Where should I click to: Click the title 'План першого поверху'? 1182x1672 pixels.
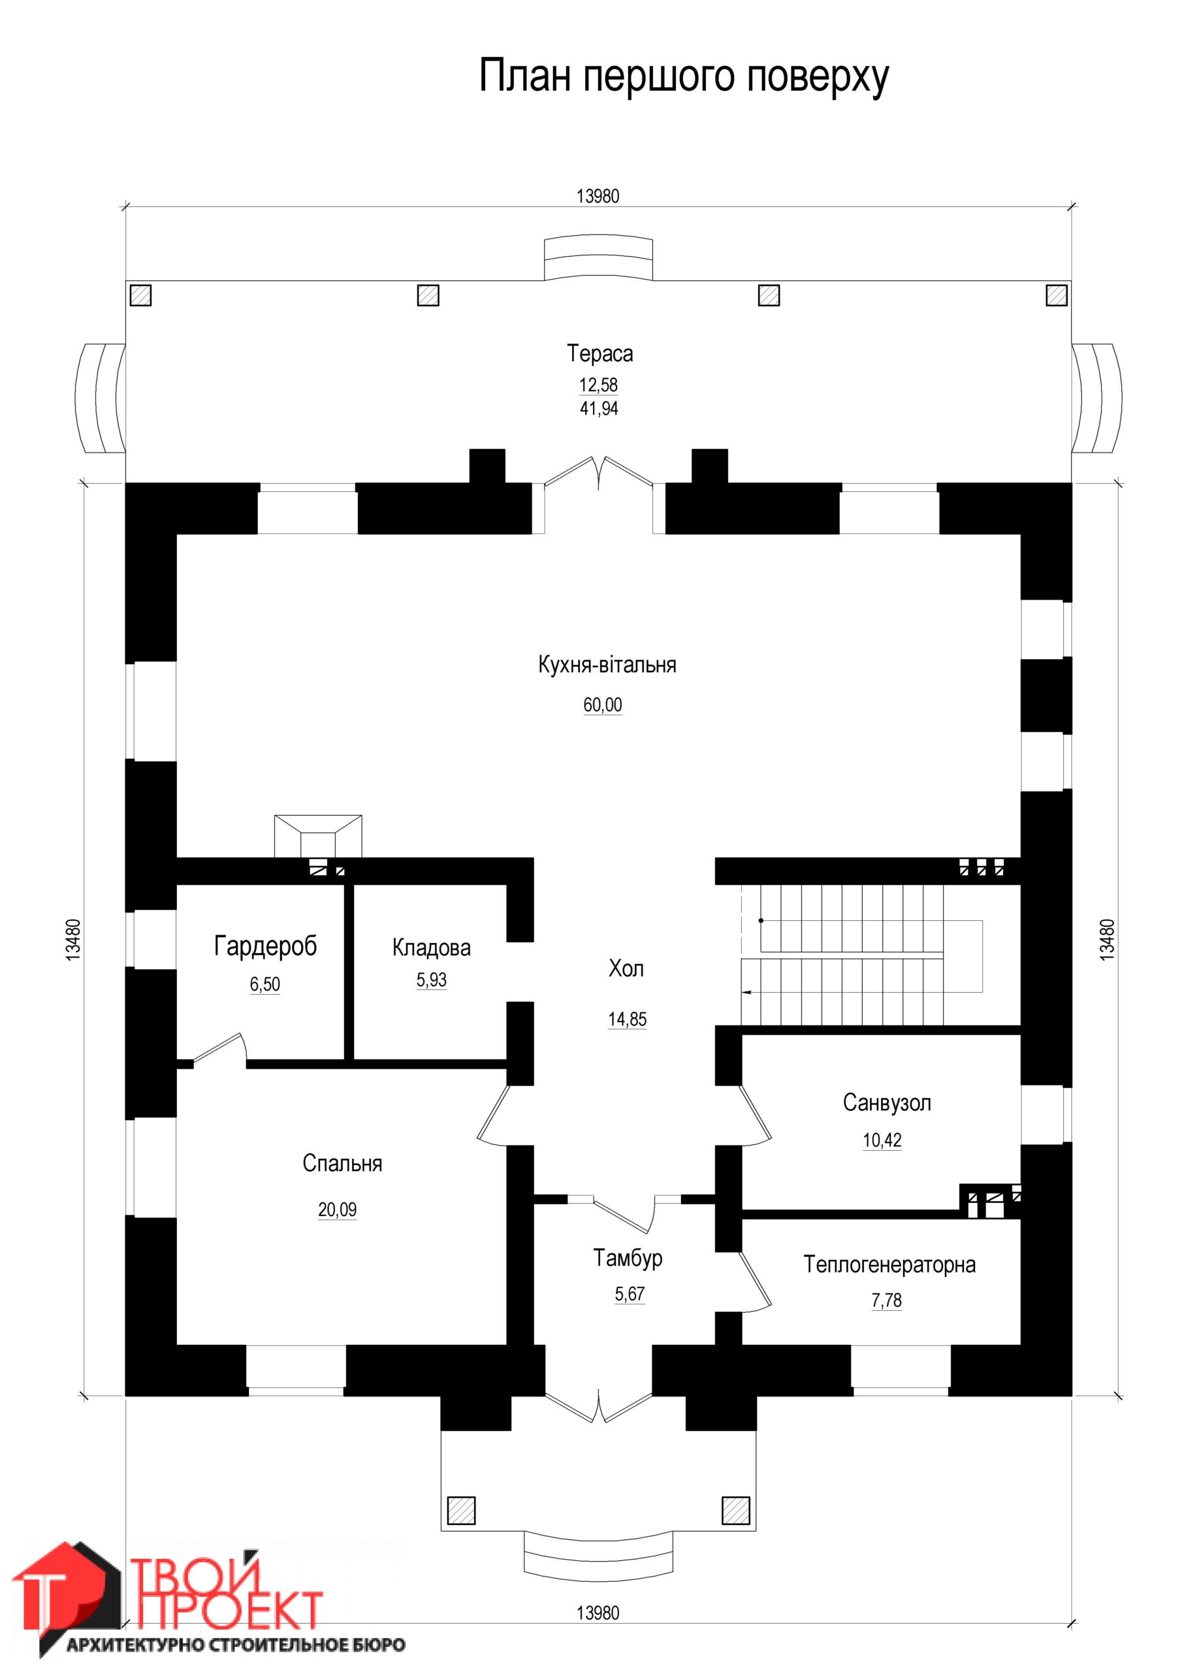tap(684, 78)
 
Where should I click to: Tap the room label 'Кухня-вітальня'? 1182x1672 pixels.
tap(607, 665)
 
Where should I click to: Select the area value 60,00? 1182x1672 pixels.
tap(603, 704)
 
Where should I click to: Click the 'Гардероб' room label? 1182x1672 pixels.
tap(266, 946)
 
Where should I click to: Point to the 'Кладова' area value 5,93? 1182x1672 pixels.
tap(432, 980)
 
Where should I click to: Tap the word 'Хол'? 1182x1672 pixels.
tap(626, 969)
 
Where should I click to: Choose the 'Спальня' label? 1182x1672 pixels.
tap(342, 1164)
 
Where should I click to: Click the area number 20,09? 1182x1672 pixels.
tap(337, 1210)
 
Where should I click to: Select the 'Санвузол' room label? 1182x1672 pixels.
tap(887, 1102)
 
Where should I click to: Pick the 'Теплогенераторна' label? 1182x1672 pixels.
tap(889, 1265)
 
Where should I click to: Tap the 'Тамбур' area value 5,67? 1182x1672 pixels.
tap(630, 1294)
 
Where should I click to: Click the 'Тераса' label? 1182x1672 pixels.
tap(600, 354)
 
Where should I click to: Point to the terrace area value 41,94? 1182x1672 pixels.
tap(599, 409)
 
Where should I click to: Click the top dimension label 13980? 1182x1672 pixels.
tap(598, 197)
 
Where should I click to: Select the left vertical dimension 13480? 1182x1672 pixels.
tap(74, 940)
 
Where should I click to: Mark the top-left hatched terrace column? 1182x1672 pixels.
tap(140, 295)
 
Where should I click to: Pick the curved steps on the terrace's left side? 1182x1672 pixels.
tap(100, 398)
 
